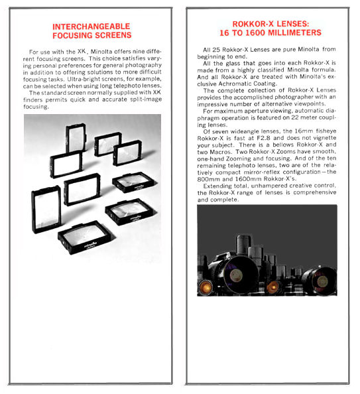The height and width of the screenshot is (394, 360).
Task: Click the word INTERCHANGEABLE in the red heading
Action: point(91,27)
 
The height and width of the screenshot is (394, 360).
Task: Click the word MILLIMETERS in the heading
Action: point(294,33)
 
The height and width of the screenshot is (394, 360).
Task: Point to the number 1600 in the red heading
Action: point(255,33)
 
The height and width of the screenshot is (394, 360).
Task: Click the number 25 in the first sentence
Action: point(215,50)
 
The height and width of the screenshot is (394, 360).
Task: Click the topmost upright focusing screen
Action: point(76,137)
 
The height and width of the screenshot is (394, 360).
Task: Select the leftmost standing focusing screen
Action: point(46,210)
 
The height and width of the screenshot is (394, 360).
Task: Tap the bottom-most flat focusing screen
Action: point(86,237)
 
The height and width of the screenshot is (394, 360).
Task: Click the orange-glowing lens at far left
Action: point(206,287)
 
